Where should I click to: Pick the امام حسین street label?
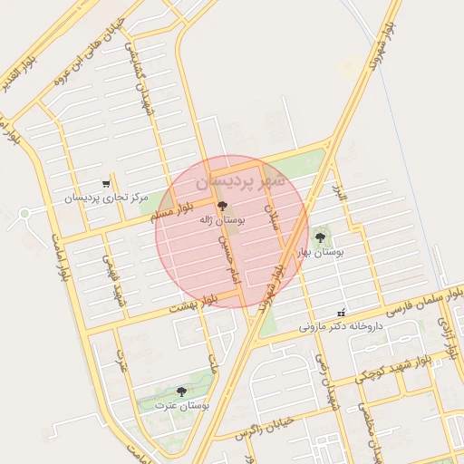[x=227, y=259]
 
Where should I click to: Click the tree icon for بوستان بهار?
[x=320, y=237]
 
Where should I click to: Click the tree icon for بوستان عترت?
[x=181, y=391]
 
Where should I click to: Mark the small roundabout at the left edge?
[x=24, y=214]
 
